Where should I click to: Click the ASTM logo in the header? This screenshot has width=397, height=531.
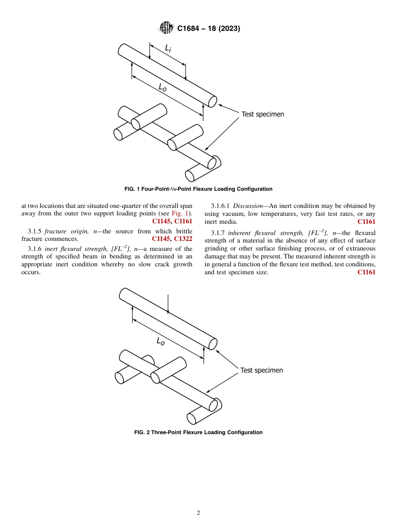(167, 28)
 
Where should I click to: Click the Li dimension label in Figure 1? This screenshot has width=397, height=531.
(168, 49)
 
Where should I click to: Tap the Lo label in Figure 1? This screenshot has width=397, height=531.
(163, 87)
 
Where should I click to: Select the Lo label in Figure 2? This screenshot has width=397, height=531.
(160, 341)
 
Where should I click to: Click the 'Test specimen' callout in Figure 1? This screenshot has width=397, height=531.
(262, 114)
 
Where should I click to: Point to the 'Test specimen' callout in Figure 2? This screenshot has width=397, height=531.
(262, 370)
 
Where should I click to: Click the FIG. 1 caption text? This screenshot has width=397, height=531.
(198, 189)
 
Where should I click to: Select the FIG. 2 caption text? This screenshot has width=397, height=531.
(198, 432)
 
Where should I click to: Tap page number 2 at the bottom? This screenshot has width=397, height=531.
(198, 513)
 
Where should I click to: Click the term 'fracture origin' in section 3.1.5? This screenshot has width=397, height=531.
(62, 231)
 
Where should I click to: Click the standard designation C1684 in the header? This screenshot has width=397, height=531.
(190, 29)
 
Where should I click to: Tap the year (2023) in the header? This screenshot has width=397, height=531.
(226, 29)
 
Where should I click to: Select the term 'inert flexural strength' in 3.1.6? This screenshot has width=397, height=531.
(76, 249)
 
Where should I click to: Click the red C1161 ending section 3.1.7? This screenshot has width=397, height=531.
(366, 272)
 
